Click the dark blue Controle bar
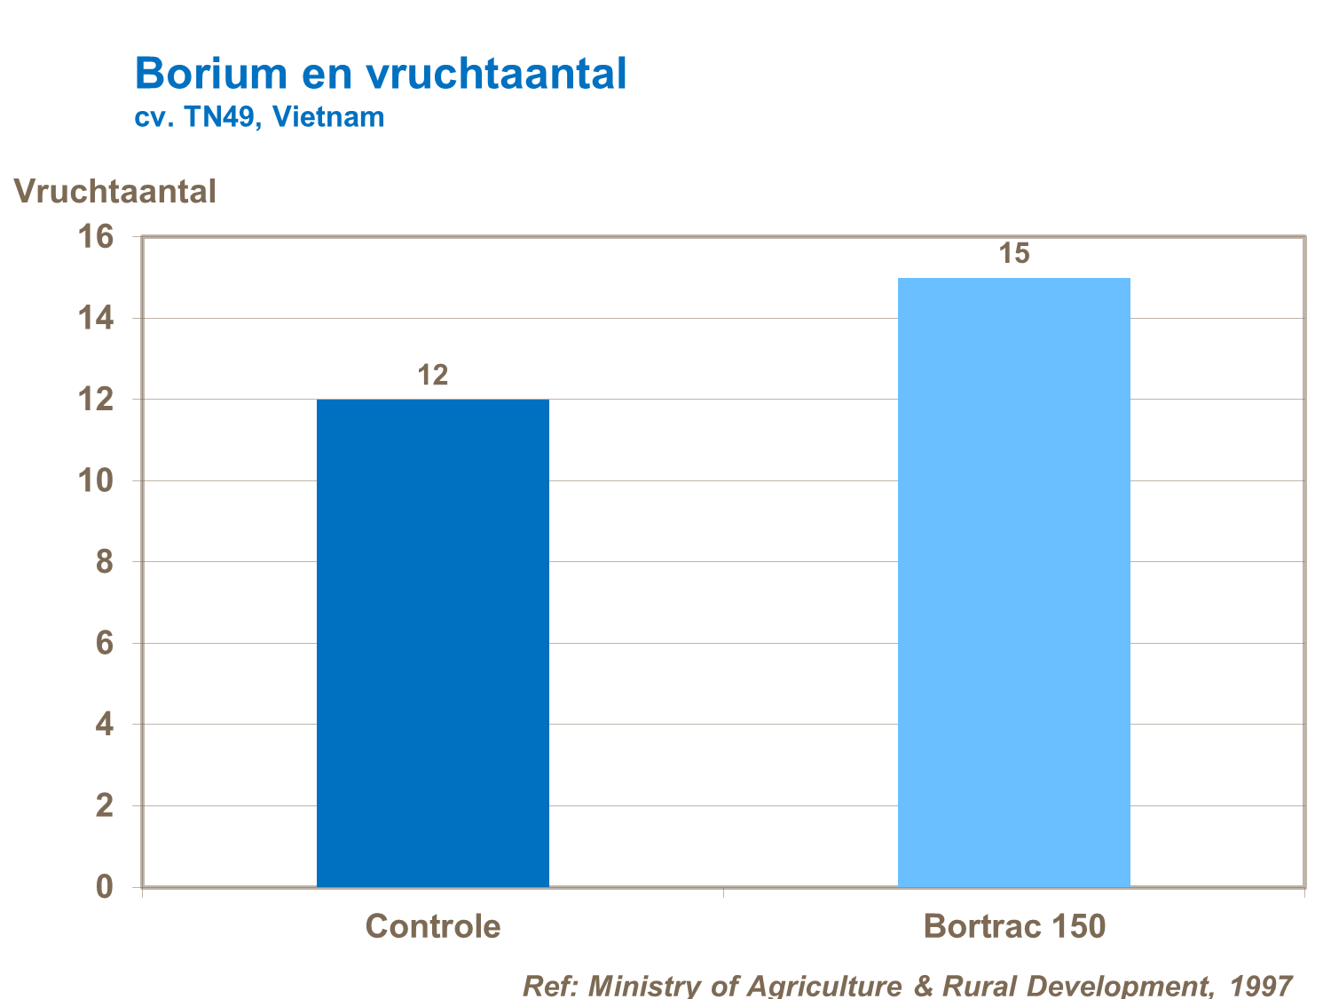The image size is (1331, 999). pos(432,643)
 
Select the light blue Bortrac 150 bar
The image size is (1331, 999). pos(1013,583)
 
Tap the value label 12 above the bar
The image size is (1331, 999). pos(433,376)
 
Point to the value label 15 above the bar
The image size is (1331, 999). pos(1013,254)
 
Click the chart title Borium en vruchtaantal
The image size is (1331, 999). pos(381,73)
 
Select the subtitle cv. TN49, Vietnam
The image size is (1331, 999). pos(259,117)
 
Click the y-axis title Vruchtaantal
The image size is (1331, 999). pos(115,191)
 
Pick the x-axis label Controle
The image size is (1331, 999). pos(433,926)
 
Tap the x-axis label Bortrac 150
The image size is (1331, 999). pos(1014,926)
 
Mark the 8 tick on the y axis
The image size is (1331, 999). pos(105,562)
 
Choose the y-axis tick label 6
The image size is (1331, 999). pos(105,643)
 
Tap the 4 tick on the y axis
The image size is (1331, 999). pos(105,725)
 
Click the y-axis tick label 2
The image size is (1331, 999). pos(105,805)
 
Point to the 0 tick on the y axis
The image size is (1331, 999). pos(105,886)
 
